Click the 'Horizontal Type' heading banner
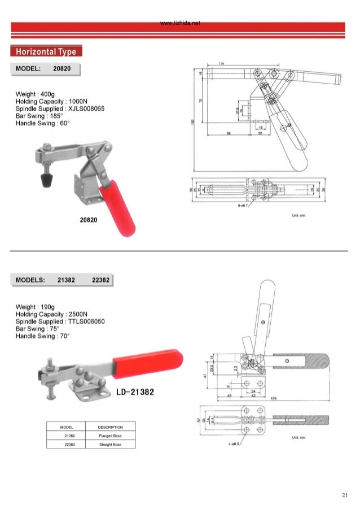tap(46, 52)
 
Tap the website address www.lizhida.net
tap(181, 23)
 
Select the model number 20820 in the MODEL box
tap(62, 69)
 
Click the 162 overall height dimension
tap(194, 122)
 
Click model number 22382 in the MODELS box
tap(101, 280)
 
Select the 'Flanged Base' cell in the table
tap(110, 436)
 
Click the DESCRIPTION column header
tap(110, 427)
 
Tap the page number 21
tap(344, 495)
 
